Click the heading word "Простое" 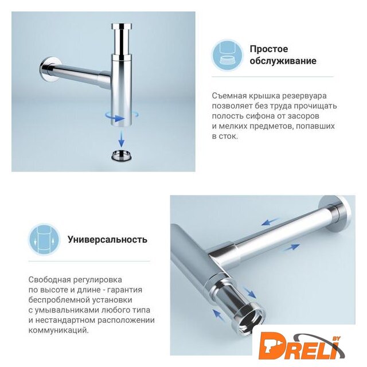(x=269, y=49)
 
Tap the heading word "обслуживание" (x=283, y=61)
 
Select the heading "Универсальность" (x=107, y=240)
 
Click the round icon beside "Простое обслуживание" (x=228, y=56)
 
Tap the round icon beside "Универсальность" (x=44, y=240)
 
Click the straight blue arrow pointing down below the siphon (x=121, y=139)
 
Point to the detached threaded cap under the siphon (x=122, y=155)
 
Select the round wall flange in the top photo (x=49, y=69)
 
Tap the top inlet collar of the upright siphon (x=122, y=26)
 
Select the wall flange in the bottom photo (x=337, y=213)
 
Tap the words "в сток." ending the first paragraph (x=225, y=136)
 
